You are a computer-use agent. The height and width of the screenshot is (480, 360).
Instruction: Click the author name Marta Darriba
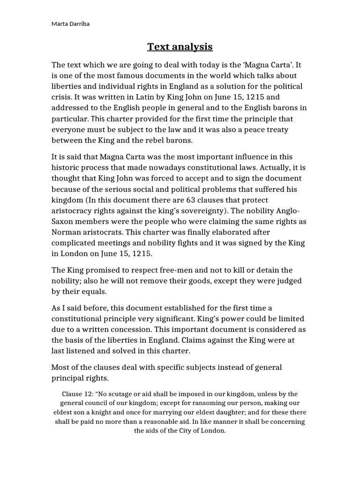tap(70, 24)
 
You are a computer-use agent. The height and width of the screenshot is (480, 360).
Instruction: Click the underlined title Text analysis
tap(180, 46)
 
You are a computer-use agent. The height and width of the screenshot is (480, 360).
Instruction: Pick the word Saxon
tap(63, 221)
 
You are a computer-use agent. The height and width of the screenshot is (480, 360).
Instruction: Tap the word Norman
tap(66, 232)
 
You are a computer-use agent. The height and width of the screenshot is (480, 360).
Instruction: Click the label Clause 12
tap(77, 394)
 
